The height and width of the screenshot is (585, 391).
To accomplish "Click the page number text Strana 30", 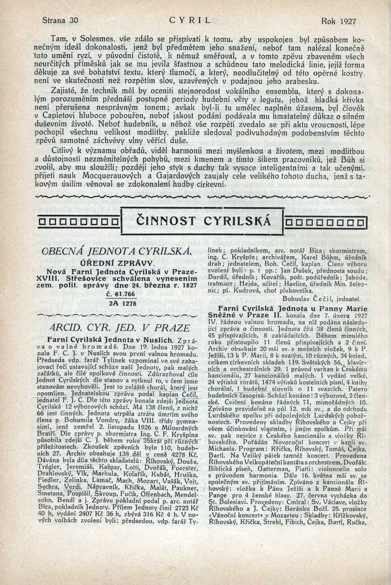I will click(60, 21).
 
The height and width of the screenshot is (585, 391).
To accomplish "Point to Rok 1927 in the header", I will click(339, 21).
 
